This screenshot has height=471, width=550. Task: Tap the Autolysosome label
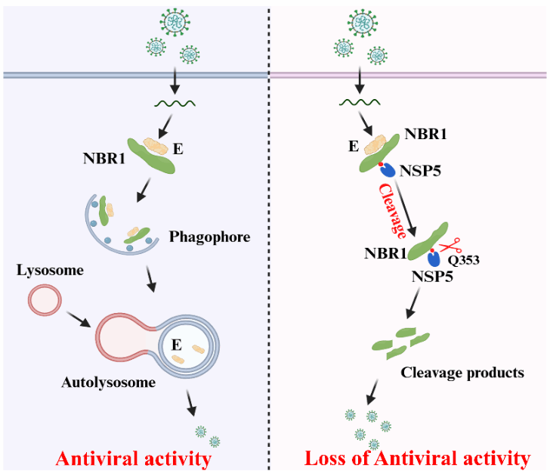[x=109, y=382]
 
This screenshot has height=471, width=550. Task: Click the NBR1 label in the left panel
[x=103, y=160]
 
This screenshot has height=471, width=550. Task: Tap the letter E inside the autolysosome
[x=175, y=344]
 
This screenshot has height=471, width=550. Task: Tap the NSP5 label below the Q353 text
[x=433, y=277]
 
